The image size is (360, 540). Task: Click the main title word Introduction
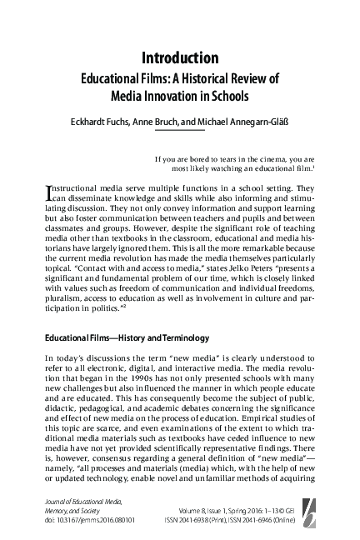180,57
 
